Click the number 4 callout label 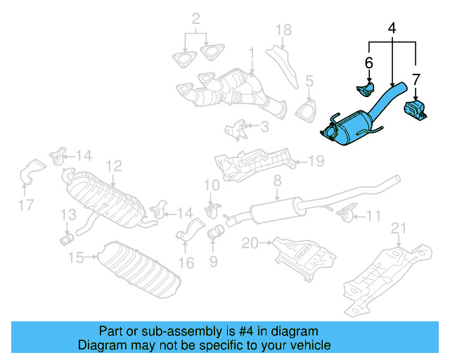[x=391, y=29]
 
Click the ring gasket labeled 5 [x=306, y=112]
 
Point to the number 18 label [x=283, y=30]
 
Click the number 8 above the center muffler [x=277, y=181]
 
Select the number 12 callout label [x=114, y=166]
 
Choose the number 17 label [x=26, y=206]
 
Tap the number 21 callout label [x=399, y=227]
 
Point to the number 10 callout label [x=212, y=185]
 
